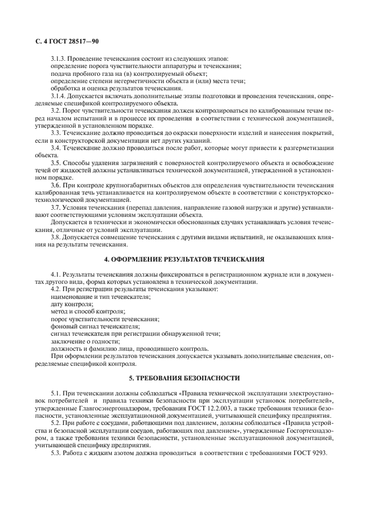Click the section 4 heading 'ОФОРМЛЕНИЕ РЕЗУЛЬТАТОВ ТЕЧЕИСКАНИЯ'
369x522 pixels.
(184, 259)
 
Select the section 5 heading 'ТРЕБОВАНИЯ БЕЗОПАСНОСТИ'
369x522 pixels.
(184, 379)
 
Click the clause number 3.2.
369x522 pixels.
(56, 112)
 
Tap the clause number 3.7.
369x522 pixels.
(56, 206)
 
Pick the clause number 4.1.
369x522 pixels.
(56, 275)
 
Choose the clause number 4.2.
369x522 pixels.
(56, 290)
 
